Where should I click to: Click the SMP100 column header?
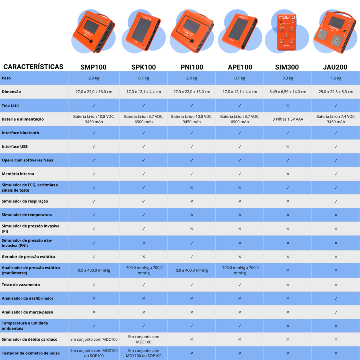(x=94, y=67)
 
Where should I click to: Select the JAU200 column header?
(x=336, y=67)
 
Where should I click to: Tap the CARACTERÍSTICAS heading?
(x=33, y=66)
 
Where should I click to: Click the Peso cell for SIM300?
(x=288, y=78)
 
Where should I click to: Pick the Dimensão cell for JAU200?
(x=336, y=92)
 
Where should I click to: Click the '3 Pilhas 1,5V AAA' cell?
(x=288, y=119)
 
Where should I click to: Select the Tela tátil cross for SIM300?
(x=288, y=105)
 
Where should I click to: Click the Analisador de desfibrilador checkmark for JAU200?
(x=336, y=298)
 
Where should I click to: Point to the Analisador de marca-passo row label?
(x=27, y=312)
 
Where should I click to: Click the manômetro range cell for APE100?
(x=240, y=270)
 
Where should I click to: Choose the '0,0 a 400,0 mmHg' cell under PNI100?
(x=192, y=270)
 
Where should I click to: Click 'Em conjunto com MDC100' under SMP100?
(x=94, y=339)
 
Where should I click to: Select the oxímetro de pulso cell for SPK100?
(x=143, y=353)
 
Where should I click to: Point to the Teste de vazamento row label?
(x=21, y=284)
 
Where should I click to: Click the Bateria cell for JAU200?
(x=336, y=119)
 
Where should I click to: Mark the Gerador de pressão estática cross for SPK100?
(x=143, y=257)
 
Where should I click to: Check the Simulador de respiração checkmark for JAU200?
(x=336, y=201)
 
